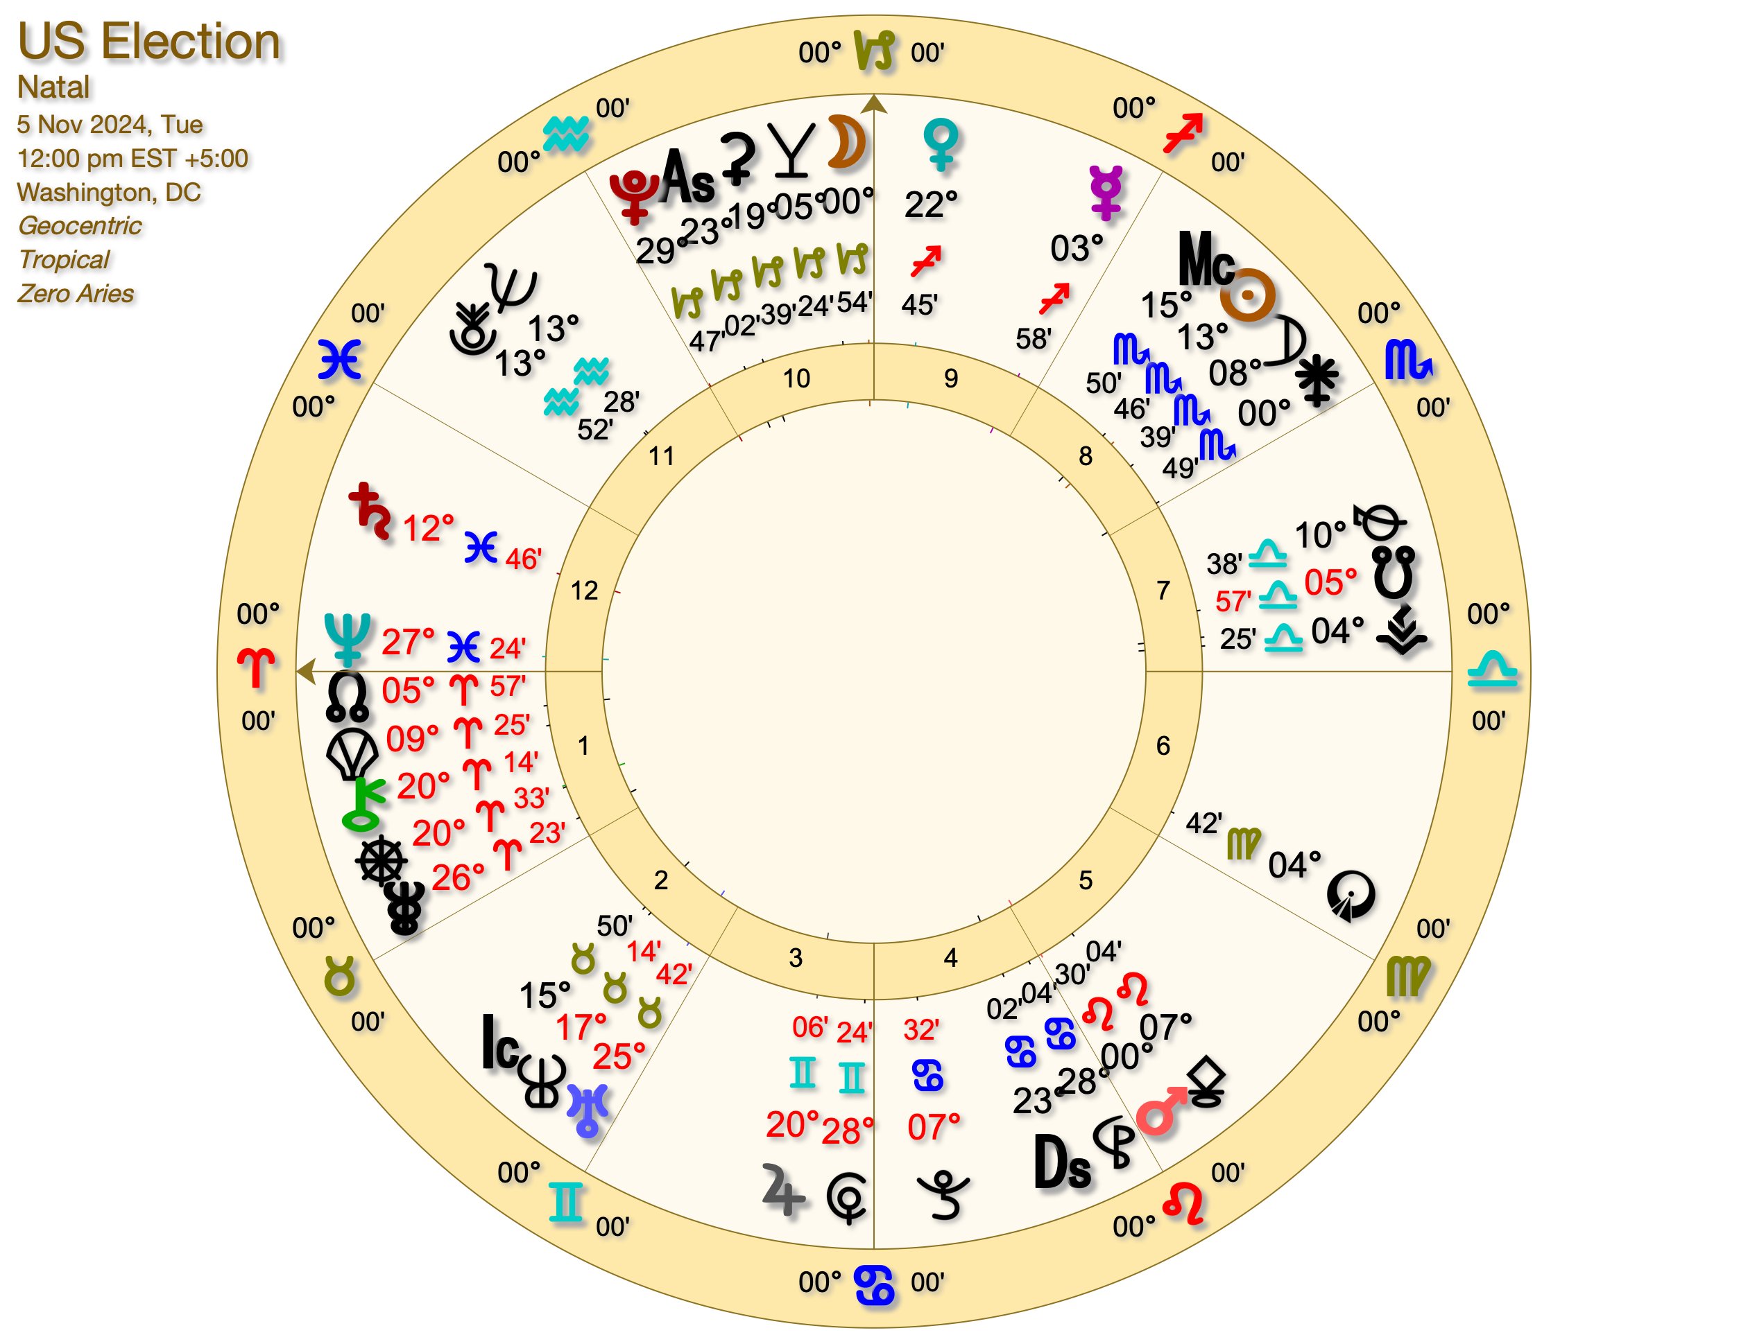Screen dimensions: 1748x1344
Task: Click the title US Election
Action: pos(149,42)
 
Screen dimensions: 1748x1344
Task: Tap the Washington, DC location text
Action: pos(109,193)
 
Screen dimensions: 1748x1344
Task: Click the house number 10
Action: pos(796,378)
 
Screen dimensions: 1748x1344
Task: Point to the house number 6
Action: pos(1163,746)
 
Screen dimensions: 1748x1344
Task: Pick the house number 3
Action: pos(795,958)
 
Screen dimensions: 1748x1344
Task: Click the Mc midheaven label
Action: pos(1206,259)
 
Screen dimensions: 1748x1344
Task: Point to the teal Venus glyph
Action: pos(941,144)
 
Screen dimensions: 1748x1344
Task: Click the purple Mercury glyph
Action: pos(1107,192)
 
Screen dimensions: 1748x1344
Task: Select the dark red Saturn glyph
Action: pos(370,510)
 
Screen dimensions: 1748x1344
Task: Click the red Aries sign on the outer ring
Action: pos(256,667)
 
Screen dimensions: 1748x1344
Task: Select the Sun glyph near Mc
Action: pos(1247,296)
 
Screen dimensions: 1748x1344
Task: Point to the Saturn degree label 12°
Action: pos(428,529)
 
